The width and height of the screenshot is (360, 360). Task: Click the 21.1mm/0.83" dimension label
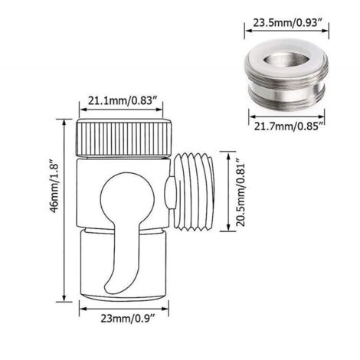tap(122, 100)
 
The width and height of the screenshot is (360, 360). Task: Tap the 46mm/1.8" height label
tap(54, 187)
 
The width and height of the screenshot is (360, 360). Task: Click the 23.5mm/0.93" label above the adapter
tap(287, 23)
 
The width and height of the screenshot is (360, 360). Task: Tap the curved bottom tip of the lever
tap(110, 287)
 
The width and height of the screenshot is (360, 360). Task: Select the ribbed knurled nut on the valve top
tap(124, 138)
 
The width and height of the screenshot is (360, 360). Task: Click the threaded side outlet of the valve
tap(194, 191)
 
